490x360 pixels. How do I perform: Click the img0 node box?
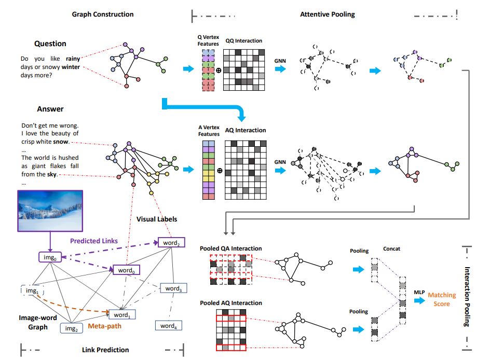point(50,257)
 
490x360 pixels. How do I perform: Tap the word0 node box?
point(126,270)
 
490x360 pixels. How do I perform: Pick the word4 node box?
point(168,326)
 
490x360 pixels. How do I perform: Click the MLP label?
point(420,292)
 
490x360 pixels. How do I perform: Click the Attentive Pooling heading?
point(328,14)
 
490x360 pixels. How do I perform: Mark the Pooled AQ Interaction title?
point(231,303)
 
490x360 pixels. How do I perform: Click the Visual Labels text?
point(156,219)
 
